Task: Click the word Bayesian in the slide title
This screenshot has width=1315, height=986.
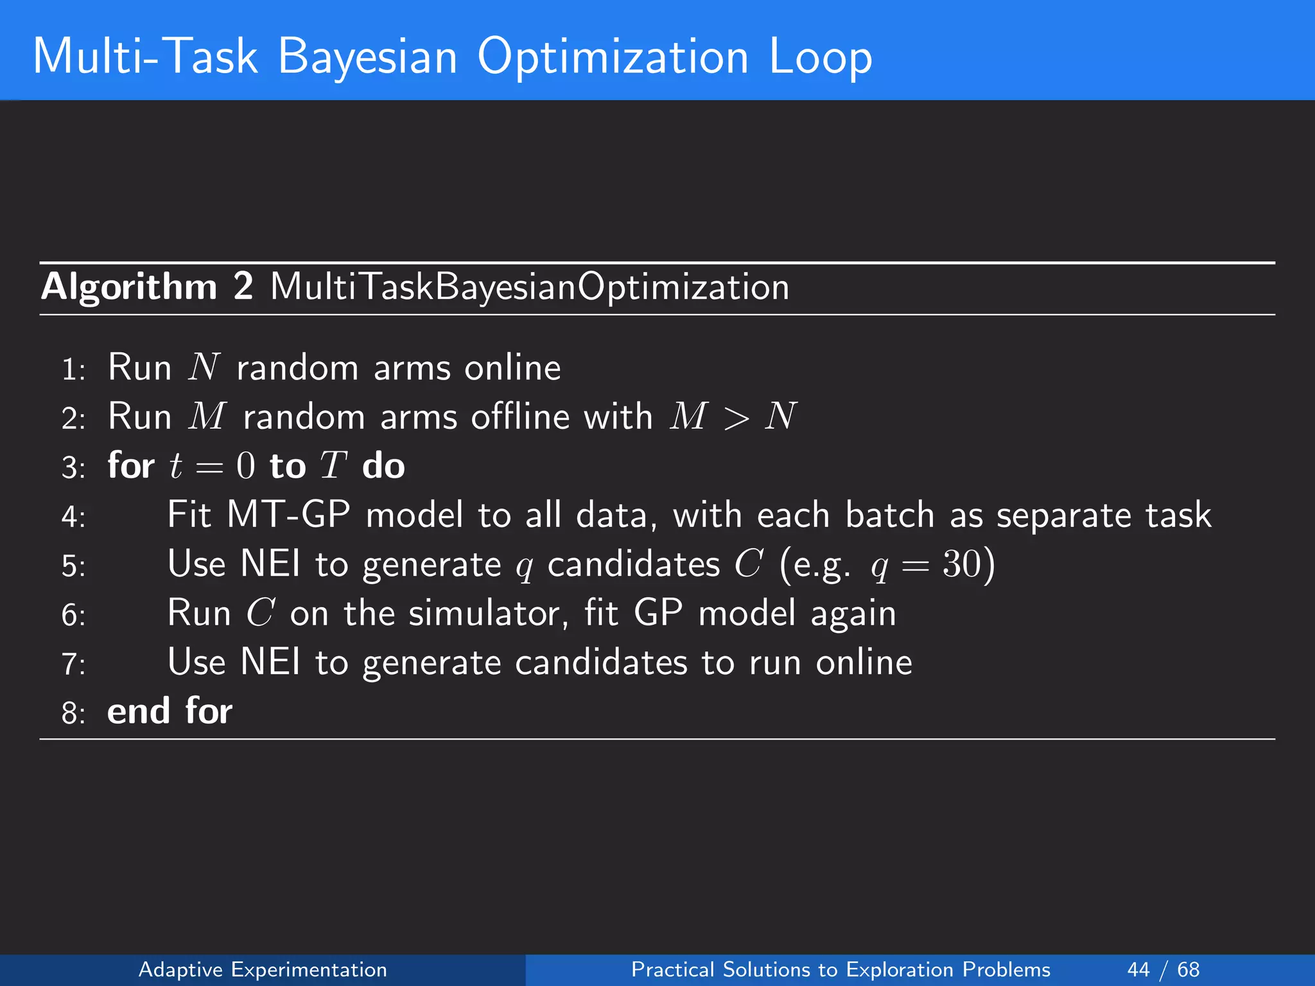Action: click(367, 58)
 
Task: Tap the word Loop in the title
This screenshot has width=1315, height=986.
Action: click(820, 58)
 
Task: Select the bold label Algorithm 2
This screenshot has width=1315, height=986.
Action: click(147, 286)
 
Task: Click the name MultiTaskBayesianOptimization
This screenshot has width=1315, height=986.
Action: click(530, 286)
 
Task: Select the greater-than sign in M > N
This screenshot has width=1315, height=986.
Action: click(735, 418)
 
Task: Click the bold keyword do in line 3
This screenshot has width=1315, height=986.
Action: click(383, 465)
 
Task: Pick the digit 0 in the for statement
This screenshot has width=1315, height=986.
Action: click(245, 466)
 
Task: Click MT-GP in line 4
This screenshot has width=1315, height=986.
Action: click(288, 515)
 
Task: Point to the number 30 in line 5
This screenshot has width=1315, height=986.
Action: click(961, 564)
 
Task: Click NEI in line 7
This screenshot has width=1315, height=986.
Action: click(270, 662)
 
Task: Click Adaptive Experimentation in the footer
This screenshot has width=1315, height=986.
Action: click(263, 969)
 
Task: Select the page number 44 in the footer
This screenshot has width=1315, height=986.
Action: click(1138, 969)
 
